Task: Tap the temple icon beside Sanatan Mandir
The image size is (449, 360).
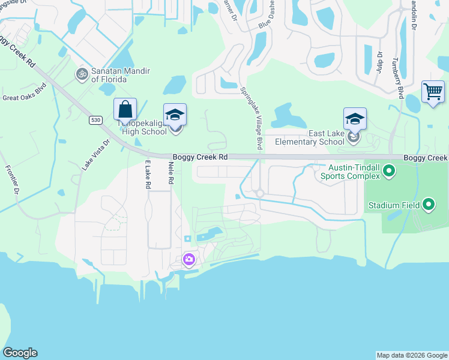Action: [x=82, y=74]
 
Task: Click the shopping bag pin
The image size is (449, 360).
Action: [x=125, y=110]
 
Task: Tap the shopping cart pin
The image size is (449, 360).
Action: [x=432, y=92]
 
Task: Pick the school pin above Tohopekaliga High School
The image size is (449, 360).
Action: [x=175, y=115]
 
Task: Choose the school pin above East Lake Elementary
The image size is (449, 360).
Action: [x=355, y=119]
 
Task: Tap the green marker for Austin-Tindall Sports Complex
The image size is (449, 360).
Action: [x=388, y=172]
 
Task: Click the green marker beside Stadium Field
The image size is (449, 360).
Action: [x=428, y=205]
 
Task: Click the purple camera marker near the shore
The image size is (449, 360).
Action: [x=189, y=260]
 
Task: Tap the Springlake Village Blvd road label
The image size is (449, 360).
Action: [x=252, y=118]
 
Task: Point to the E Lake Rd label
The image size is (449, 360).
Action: [x=147, y=174]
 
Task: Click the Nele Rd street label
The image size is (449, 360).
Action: [x=171, y=172]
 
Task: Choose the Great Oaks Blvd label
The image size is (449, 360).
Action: [x=24, y=96]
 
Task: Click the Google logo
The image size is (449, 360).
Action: [x=20, y=353]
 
